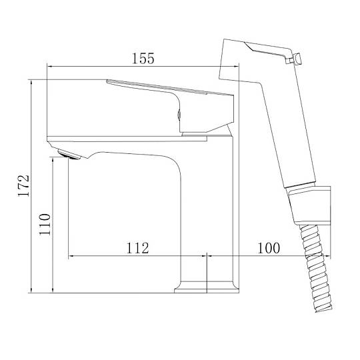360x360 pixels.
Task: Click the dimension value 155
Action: pos(143,59)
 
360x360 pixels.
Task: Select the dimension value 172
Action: pos(24,186)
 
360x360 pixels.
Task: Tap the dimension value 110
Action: pos(45,224)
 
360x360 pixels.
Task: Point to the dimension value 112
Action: pos(137,248)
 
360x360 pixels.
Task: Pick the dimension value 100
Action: pos(269,248)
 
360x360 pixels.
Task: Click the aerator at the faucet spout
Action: pos(69,154)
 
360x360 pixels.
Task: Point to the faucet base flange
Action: pos(207,287)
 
